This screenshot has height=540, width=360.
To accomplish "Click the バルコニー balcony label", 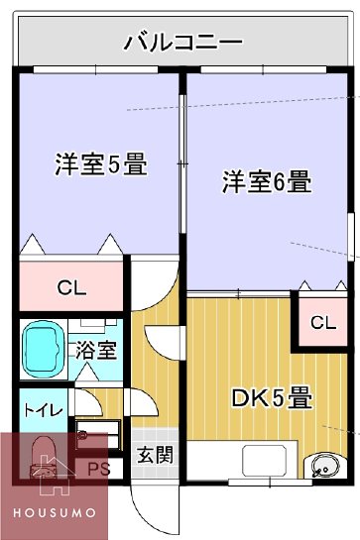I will (184, 43).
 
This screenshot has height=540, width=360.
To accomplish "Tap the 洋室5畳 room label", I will (99, 165).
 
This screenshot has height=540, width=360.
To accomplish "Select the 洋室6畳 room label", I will (267, 182).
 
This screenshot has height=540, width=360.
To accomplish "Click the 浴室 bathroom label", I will (96, 350).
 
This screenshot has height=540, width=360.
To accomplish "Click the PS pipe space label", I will (99, 470).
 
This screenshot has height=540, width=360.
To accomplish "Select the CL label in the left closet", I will (71, 289).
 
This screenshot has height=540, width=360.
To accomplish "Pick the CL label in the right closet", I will (323, 323).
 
